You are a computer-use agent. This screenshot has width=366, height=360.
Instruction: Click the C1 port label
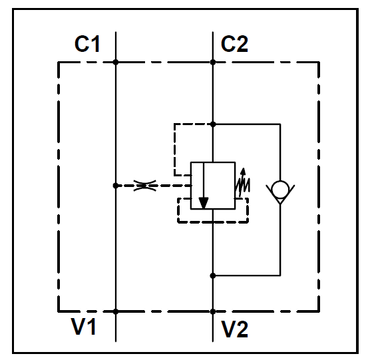87,44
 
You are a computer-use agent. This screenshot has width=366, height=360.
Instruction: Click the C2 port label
234,44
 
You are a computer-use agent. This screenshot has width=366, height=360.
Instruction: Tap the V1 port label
84,326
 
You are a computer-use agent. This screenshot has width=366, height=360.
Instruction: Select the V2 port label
235,329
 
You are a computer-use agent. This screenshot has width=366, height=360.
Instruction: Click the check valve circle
280,189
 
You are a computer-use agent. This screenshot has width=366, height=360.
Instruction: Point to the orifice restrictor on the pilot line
144,186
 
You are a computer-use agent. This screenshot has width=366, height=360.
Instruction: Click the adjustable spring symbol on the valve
243,182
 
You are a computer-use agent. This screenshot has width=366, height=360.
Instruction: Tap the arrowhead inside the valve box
204,203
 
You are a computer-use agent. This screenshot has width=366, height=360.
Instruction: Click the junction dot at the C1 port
116,62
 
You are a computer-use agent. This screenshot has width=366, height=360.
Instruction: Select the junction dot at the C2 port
213,62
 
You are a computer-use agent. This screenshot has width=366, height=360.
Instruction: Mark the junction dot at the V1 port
116,311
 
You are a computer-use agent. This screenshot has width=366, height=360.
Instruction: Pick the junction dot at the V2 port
213,311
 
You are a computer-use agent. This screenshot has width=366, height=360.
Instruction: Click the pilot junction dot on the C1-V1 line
116,186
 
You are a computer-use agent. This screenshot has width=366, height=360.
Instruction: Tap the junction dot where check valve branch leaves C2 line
213,124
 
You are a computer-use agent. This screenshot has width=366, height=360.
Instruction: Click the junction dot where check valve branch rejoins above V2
213,275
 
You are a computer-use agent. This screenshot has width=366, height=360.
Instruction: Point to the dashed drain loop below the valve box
213,222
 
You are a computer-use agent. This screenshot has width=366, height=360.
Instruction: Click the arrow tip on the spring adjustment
244,168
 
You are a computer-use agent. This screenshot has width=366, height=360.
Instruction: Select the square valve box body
213,162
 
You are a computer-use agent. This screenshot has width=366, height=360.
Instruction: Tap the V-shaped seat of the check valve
280,204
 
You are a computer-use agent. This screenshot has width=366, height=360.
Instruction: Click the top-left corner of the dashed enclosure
59,63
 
